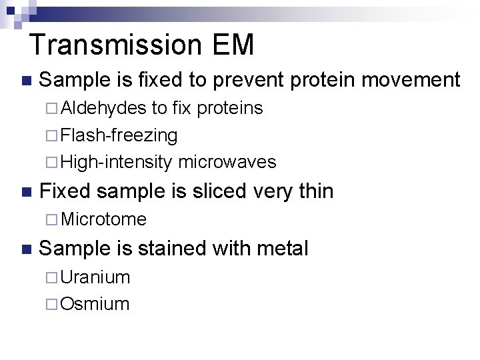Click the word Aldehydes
(x=103, y=108)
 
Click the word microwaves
(x=227, y=162)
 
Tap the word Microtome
(x=103, y=219)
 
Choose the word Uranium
(x=95, y=277)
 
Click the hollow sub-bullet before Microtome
(x=53, y=219)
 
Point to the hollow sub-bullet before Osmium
(x=53, y=304)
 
